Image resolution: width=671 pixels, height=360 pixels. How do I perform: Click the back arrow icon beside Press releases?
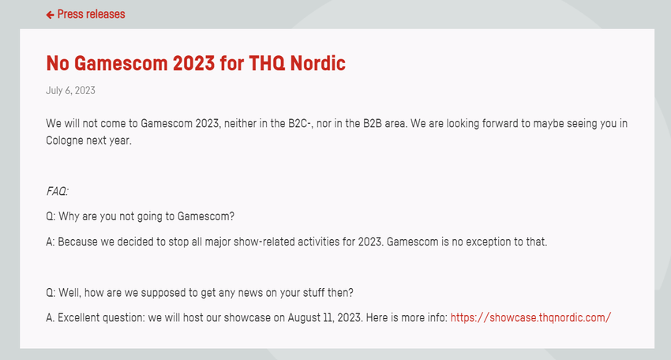50,15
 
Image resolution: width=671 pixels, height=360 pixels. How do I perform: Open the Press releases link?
91,14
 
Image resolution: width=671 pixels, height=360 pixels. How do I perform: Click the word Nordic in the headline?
317,63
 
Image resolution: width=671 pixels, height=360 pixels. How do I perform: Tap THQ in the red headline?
267,63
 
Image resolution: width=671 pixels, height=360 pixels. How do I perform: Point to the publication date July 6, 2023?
70,90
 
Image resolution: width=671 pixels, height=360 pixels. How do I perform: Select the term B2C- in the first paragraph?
299,123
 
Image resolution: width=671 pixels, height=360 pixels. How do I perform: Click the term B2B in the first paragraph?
373,123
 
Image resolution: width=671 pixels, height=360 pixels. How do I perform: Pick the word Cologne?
65,141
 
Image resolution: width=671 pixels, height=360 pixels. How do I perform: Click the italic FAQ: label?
58,191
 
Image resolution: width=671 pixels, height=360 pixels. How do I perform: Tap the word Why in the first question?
69,216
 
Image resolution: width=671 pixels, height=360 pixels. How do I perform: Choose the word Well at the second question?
69,293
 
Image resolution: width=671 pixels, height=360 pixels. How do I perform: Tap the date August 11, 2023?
324,318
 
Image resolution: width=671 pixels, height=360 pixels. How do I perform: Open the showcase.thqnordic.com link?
530,317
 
